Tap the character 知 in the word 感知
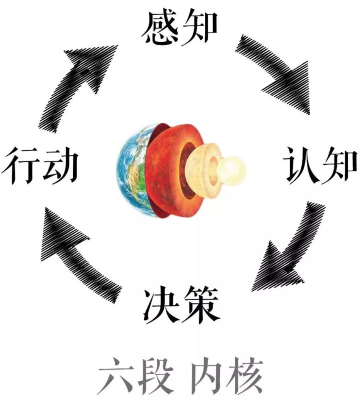(200, 28)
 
